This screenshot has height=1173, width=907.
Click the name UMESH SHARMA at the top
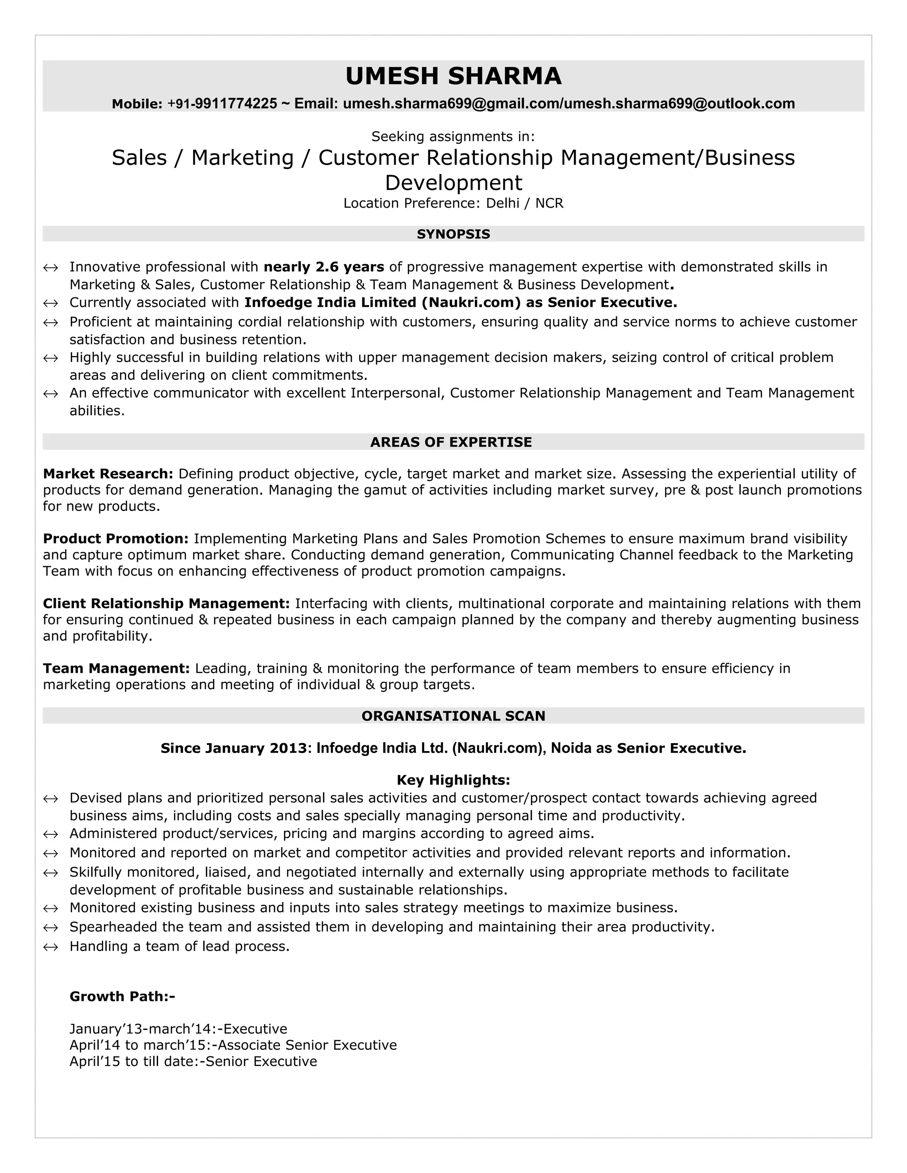[x=453, y=76]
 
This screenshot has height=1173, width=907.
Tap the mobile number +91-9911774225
[x=222, y=104]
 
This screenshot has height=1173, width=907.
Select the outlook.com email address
[x=679, y=104]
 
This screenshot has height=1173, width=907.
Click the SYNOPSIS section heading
[x=453, y=234]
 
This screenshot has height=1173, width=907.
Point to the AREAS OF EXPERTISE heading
[x=451, y=442]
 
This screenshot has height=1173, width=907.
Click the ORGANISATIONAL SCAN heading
[x=453, y=716]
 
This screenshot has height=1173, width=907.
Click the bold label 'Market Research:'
[x=108, y=474]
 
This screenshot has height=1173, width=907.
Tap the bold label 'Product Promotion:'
[x=116, y=539]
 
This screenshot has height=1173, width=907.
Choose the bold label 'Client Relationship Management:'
[x=166, y=604]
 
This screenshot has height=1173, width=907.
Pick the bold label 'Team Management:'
[x=116, y=669]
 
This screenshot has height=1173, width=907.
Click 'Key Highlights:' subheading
[x=453, y=780]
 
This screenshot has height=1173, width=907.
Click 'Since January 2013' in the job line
[x=233, y=748]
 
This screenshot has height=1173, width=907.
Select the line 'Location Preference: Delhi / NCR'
[x=453, y=203]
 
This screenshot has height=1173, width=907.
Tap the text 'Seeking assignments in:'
[x=453, y=136]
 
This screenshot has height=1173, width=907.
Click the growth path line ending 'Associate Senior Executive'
[x=233, y=1045]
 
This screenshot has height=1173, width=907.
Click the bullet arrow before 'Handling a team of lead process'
[x=50, y=947]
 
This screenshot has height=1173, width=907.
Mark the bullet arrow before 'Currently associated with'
[x=50, y=304]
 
